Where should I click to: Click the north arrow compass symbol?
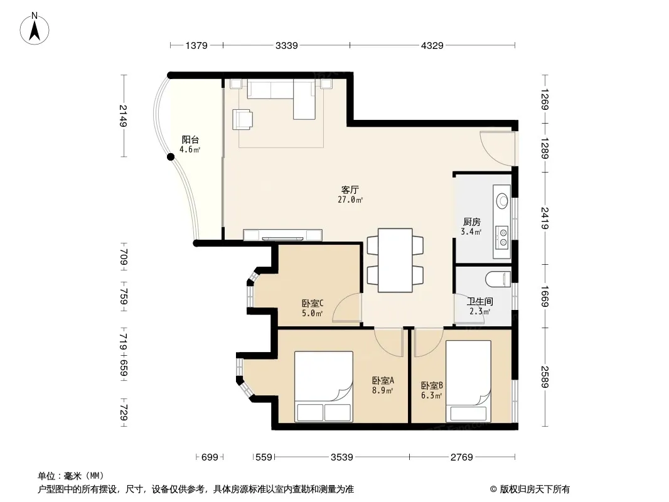35,29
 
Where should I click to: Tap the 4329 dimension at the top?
432,45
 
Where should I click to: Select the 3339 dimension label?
286,45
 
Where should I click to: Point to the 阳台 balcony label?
190,139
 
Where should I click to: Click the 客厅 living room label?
350,190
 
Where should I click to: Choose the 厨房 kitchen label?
472,222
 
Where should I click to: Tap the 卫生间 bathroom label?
480,302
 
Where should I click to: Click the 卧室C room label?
313,303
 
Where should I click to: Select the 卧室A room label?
383,380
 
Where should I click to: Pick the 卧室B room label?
432,385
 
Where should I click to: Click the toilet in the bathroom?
498,279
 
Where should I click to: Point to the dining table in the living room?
395,260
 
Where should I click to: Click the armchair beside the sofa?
242,119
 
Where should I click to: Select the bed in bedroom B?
468,382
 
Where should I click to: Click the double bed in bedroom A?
324,387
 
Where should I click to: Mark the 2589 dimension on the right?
544,377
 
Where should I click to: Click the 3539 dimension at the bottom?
342,457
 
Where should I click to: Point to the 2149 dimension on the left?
124,115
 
